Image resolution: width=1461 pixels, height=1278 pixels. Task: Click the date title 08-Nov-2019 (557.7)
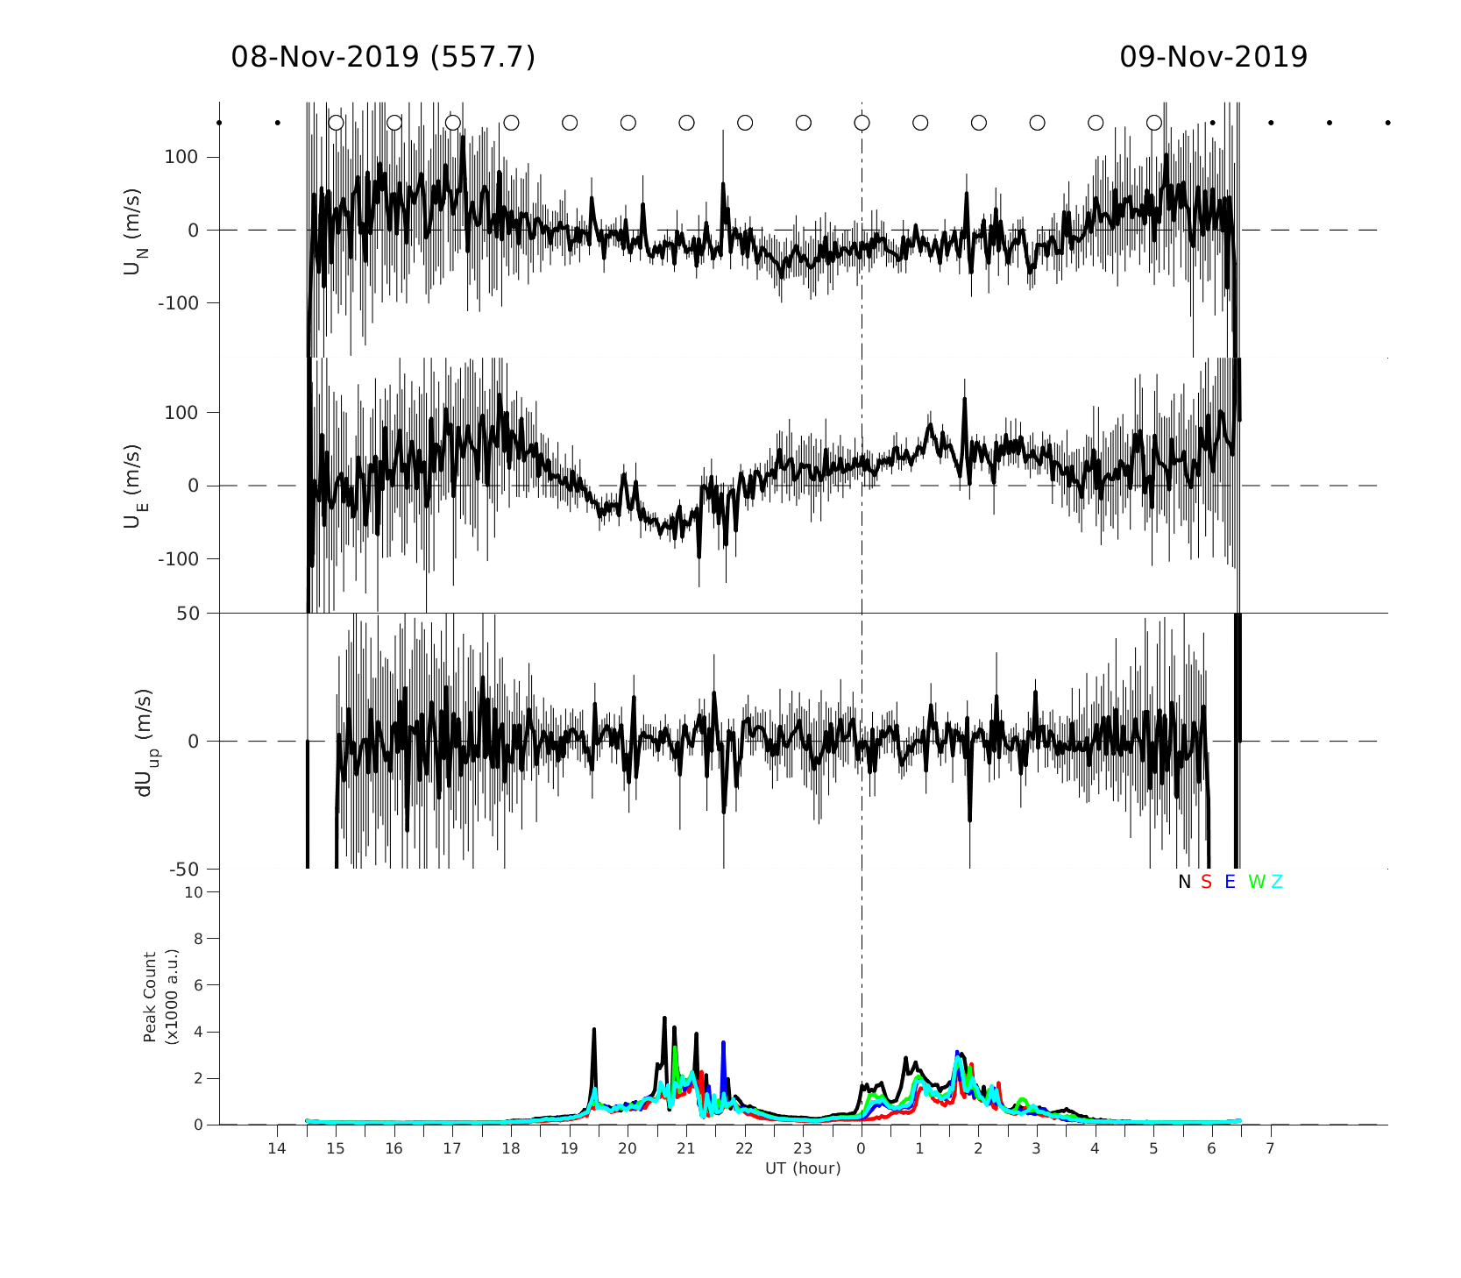click(x=383, y=58)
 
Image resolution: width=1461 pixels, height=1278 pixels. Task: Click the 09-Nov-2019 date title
click(x=1213, y=58)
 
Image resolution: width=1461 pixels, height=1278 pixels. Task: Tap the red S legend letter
click(x=1206, y=883)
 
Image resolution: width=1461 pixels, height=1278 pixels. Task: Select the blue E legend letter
click(x=1230, y=883)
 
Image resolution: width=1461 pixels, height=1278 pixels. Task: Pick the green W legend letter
click(x=1257, y=883)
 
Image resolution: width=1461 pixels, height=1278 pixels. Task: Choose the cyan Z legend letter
click(x=1277, y=883)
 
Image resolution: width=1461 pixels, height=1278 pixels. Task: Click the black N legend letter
click(x=1184, y=883)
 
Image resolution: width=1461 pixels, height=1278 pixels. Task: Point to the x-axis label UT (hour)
click(x=803, y=1168)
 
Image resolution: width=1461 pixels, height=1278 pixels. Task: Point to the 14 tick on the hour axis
click(x=277, y=1149)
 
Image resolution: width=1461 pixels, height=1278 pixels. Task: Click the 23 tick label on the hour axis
click(x=803, y=1149)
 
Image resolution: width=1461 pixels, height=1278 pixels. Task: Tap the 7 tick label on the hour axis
click(x=1270, y=1149)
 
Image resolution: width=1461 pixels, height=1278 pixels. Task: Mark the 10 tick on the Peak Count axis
click(x=193, y=892)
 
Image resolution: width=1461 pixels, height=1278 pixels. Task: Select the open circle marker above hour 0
click(x=862, y=123)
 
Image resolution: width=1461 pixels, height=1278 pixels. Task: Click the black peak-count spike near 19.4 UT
click(x=593, y=1032)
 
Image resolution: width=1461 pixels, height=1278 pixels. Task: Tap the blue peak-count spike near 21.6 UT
click(x=723, y=1044)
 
